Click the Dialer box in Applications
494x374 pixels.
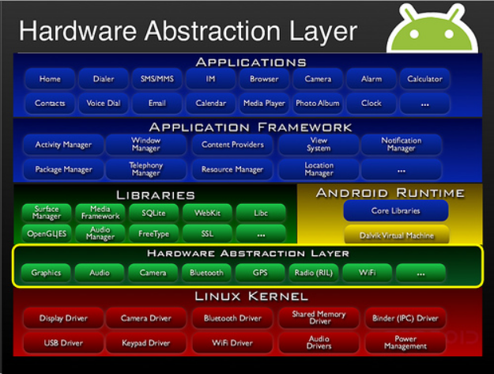104,79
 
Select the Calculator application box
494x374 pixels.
424,79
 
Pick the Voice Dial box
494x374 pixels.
104,103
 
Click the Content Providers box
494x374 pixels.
232,145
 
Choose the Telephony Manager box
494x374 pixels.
145,169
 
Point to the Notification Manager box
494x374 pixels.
402,145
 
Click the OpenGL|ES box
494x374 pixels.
47,234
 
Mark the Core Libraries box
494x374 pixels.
395,211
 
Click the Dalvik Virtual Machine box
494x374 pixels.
395,234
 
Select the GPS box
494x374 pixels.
261,273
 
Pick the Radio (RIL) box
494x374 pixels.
314,273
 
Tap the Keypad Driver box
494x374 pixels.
145,343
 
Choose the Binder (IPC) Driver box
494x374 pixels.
405,319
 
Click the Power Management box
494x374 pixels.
405,343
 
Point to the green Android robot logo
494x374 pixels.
432,28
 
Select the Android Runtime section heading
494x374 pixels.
390,193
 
